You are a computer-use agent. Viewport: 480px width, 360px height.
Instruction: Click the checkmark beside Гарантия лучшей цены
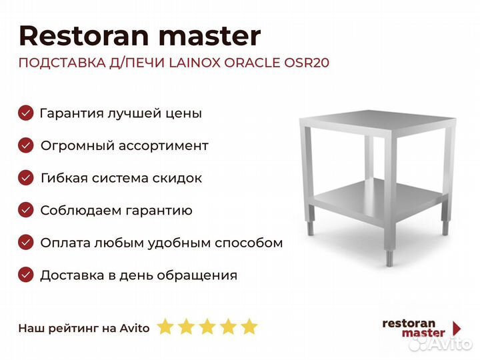25,113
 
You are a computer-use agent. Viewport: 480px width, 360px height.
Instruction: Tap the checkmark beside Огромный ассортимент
25,145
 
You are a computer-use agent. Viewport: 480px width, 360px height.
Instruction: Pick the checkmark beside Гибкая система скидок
25,178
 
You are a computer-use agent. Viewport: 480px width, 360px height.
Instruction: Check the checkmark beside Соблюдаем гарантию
25,211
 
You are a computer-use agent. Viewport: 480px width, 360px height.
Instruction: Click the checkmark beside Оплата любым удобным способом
25,243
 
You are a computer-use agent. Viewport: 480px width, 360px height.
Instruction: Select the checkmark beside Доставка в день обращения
25,275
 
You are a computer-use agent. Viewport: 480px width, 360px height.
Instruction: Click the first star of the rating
165,327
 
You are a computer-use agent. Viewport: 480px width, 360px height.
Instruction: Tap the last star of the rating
249,327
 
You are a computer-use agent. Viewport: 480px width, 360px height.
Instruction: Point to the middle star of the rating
207,327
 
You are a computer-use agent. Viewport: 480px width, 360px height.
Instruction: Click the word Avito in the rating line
136,327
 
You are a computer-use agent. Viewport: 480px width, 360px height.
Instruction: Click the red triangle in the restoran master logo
457,328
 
